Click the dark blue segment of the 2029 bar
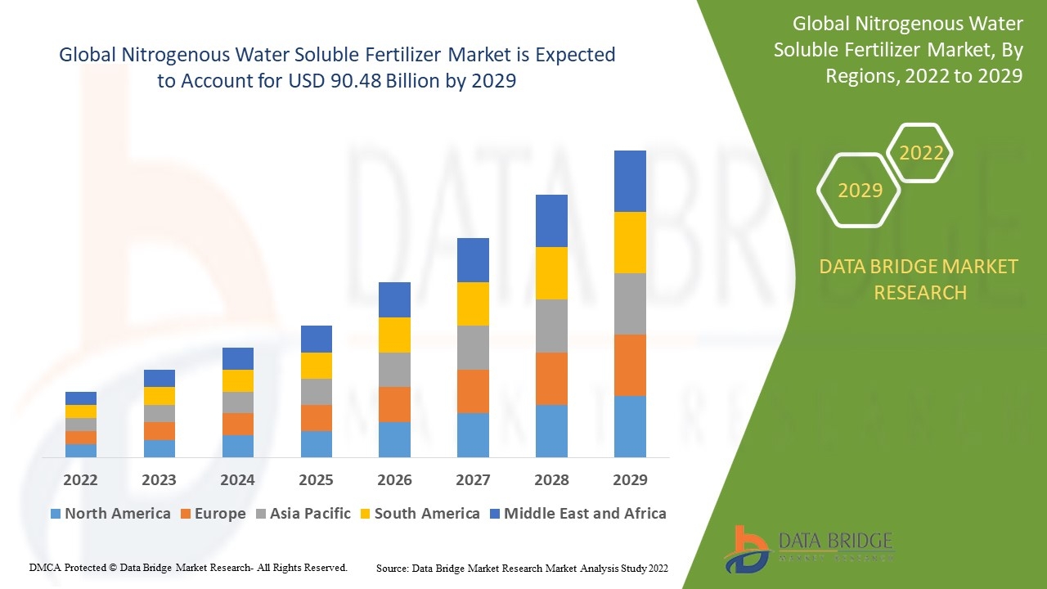coord(630,182)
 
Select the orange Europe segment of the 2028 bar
coord(551,379)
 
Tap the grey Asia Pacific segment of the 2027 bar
coord(473,348)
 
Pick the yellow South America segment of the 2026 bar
coord(394,335)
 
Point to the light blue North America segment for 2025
coord(317,444)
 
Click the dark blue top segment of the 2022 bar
coord(81,398)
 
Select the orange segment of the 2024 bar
coord(238,425)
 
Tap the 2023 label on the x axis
coord(159,480)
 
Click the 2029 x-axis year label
coord(630,480)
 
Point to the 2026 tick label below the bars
coord(394,480)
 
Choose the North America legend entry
coord(110,513)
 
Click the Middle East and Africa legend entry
coord(578,513)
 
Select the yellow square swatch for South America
coord(365,514)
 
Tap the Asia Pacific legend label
coord(310,513)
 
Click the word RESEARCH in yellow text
coord(920,293)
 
